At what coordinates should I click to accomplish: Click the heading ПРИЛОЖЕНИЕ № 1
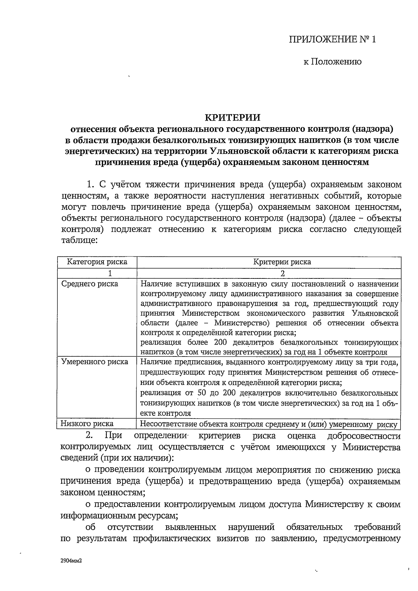click(332, 39)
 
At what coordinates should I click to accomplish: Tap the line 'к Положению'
click(332, 62)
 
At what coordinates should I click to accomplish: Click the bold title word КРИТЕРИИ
click(232, 117)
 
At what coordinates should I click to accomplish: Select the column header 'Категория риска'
click(97, 262)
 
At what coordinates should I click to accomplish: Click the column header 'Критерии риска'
click(282, 262)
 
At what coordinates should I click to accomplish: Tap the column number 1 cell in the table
click(110, 273)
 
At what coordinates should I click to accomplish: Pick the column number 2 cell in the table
click(282, 273)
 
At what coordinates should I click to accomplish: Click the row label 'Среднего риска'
click(90, 284)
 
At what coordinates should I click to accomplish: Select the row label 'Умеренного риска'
click(94, 362)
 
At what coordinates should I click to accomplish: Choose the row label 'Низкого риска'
click(87, 423)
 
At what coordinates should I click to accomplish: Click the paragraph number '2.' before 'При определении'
click(90, 435)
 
